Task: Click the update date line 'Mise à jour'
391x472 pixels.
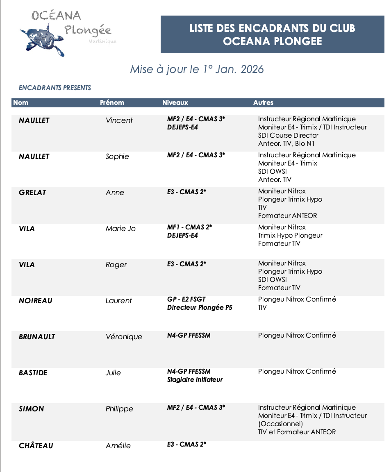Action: point(197,69)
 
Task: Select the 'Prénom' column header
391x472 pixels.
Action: point(112,103)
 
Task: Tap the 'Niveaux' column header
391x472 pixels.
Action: point(175,103)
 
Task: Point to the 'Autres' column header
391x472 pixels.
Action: point(263,103)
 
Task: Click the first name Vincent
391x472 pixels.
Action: point(119,120)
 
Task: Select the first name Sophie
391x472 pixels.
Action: point(117,157)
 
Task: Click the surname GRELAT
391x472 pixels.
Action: point(32,193)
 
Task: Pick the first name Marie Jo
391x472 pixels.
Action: point(120,229)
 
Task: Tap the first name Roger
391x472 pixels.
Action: point(116,265)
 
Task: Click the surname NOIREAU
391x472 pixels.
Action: point(36,301)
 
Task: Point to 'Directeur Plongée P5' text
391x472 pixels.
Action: point(200,308)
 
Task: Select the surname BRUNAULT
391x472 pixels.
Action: point(37,337)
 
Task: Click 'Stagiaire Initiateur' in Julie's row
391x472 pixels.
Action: point(195,380)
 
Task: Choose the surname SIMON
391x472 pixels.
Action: point(31,409)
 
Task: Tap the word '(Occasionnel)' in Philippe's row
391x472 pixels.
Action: point(280,424)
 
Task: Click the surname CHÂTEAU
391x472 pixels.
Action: point(36,446)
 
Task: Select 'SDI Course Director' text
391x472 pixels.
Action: point(288,135)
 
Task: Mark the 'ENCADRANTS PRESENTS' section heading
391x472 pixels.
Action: point(55,88)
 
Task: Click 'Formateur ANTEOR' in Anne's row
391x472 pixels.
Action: point(287,216)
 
